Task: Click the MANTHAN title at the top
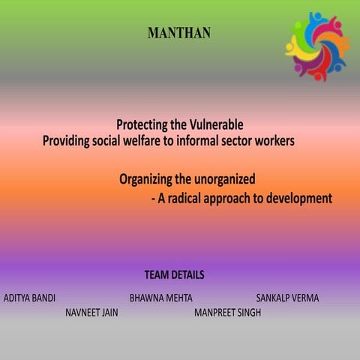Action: [x=179, y=33]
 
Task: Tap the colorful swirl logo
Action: [x=317, y=46]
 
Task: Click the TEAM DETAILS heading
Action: [x=174, y=275]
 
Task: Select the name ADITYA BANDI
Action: [x=29, y=298]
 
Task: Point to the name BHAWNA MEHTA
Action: [x=160, y=298]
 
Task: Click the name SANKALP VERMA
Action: [x=287, y=298]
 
